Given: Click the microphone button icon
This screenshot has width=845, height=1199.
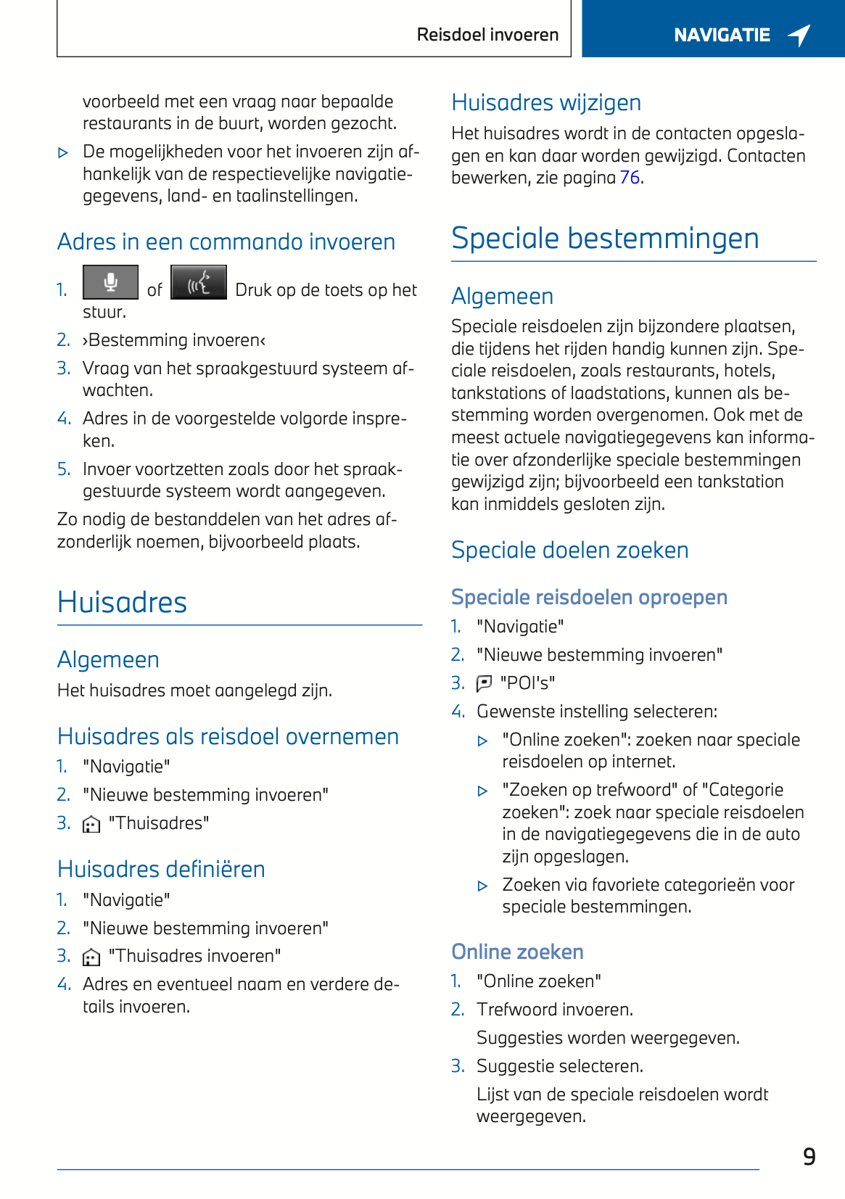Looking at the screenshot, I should click(x=110, y=282).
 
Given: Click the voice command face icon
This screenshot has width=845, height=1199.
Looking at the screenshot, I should click(x=199, y=282).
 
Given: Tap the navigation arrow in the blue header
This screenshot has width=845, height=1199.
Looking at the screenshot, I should click(x=799, y=35).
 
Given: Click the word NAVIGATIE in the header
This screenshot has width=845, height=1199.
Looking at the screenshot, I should click(x=722, y=35).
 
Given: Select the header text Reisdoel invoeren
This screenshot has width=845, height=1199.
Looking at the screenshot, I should click(x=487, y=35).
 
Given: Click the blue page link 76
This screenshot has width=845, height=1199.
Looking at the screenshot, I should click(x=630, y=178).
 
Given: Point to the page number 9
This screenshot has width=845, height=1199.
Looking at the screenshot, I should click(x=809, y=1156).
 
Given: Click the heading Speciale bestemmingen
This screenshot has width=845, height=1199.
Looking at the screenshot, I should click(x=605, y=238).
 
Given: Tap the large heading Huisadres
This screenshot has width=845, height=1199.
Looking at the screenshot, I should click(x=122, y=602).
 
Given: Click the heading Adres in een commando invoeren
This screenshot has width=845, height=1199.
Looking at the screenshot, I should click(x=226, y=242).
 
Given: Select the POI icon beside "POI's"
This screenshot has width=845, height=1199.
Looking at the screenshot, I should click(x=484, y=683).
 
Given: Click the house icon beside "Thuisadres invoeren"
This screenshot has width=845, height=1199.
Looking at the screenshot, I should click(x=91, y=957).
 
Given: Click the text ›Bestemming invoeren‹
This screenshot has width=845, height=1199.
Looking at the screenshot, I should click(x=174, y=340).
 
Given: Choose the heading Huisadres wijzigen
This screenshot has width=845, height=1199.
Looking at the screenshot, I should click(x=546, y=102).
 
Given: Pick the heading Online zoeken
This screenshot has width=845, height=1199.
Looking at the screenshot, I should click(x=517, y=952).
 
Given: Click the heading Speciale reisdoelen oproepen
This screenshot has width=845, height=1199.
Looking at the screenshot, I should click(x=589, y=597).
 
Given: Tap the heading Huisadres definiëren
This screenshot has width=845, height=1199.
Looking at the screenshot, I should click(x=161, y=869).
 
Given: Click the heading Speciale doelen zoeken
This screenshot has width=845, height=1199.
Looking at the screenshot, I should click(x=569, y=550).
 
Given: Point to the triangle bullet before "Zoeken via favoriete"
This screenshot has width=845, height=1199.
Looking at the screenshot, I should click(x=483, y=886).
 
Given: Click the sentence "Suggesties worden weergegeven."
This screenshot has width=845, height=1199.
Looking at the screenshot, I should click(x=608, y=1038).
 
